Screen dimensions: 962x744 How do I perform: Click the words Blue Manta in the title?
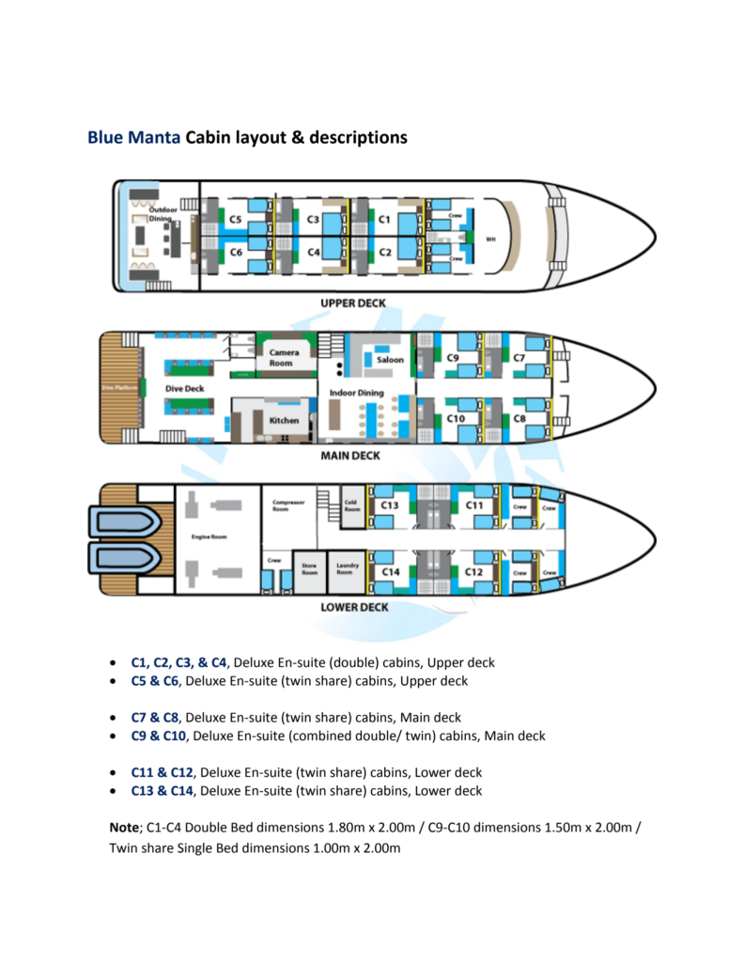click(133, 137)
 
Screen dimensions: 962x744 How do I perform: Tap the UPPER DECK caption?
click(353, 303)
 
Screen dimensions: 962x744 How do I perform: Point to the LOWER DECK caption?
click(354, 607)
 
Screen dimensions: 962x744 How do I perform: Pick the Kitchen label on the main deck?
click(284, 420)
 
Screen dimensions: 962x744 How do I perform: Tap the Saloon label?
click(390, 359)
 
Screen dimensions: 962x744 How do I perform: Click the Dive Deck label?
click(185, 387)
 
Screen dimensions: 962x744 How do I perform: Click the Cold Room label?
click(350, 504)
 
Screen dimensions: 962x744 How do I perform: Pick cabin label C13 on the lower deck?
click(390, 505)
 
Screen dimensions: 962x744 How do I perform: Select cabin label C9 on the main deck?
click(453, 358)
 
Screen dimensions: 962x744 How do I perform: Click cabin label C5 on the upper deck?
click(235, 220)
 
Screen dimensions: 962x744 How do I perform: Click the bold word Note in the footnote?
click(124, 830)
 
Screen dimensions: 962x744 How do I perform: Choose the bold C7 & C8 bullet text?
click(157, 718)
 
